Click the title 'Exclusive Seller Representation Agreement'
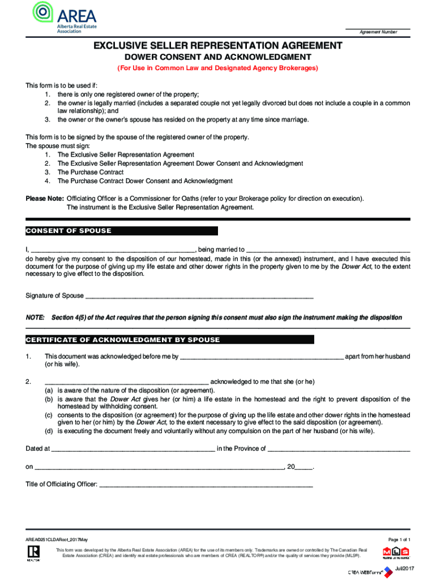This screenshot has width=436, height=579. [x=218, y=45]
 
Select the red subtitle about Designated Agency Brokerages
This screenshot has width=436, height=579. [x=218, y=68]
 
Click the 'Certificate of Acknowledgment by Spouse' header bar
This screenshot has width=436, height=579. [x=123, y=340]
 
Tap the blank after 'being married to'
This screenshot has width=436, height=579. [x=328, y=249]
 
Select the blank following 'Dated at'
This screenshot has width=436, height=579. [x=132, y=449]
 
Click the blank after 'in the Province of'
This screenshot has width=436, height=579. [x=339, y=449]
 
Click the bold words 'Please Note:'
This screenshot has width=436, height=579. [x=45, y=198]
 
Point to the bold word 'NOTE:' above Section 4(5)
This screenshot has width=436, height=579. [x=35, y=318]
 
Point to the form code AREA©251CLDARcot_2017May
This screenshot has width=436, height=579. [x=57, y=540]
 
